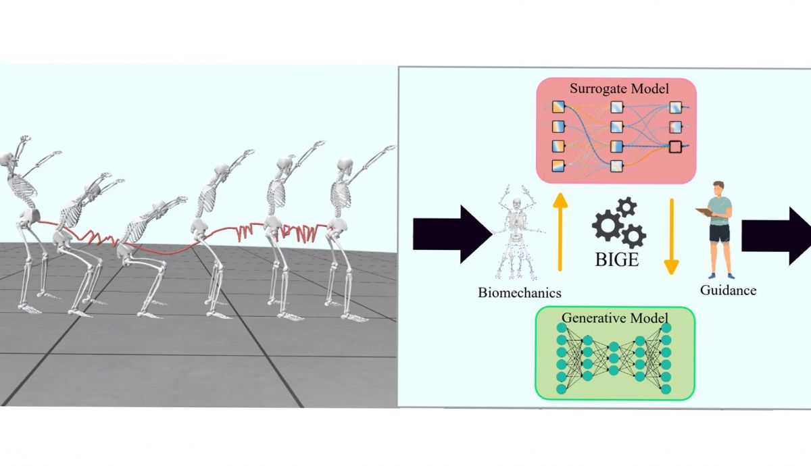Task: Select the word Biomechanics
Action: [520, 292]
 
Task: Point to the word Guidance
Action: [729, 290]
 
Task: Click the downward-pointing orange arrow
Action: [670, 236]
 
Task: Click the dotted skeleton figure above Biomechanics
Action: [518, 236]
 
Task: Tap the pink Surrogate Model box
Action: [616, 132]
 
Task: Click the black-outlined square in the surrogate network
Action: [676, 145]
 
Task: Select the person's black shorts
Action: [720, 234]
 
